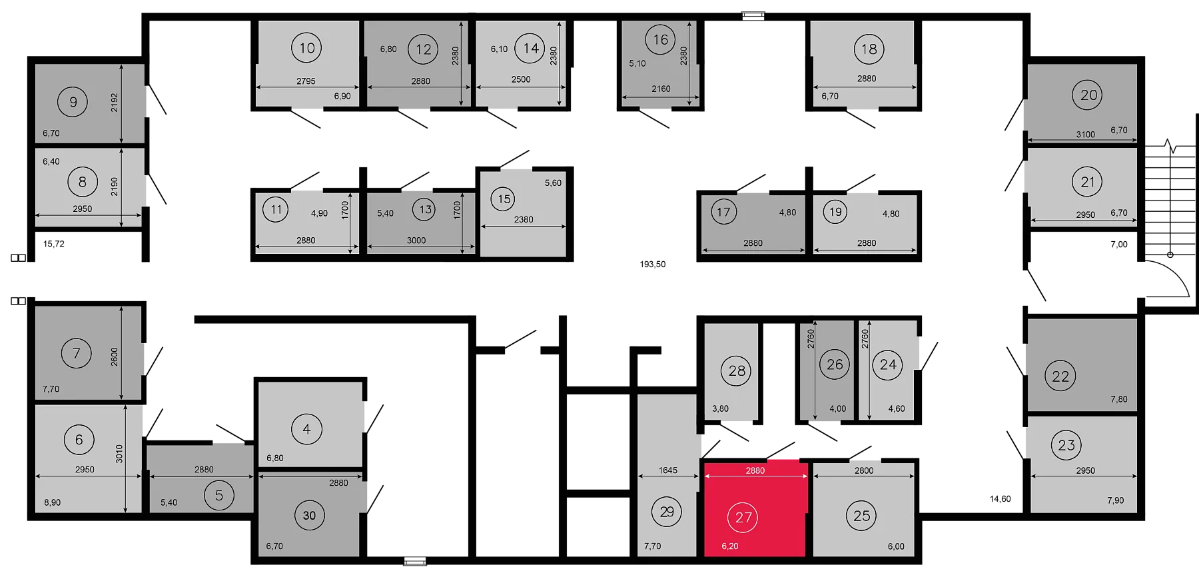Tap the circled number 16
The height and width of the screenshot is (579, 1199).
[660, 40]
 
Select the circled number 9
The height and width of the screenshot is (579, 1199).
[73, 103]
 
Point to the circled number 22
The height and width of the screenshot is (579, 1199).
[1060, 376]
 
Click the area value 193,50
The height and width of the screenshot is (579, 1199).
[653, 265]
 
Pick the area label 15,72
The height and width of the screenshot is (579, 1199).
[54, 244]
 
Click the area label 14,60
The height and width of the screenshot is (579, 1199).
[1000, 499]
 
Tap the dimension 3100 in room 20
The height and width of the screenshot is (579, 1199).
[1086, 135]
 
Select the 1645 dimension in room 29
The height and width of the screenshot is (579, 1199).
[668, 470]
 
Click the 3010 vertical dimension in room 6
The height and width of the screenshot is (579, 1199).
[120, 454]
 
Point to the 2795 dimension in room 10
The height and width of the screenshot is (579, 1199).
[306, 81]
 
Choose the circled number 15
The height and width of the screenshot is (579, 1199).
[504, 199]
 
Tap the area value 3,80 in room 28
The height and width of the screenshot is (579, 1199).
[720, 409]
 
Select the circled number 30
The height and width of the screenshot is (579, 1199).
[309, 515]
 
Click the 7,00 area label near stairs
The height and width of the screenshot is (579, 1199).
[1119, 245]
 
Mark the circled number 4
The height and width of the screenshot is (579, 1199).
[306, 429]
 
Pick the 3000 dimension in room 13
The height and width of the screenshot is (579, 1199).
[416, 241]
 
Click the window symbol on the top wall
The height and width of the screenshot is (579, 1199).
[753, 15]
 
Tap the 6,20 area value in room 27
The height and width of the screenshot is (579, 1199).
[730, 546]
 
